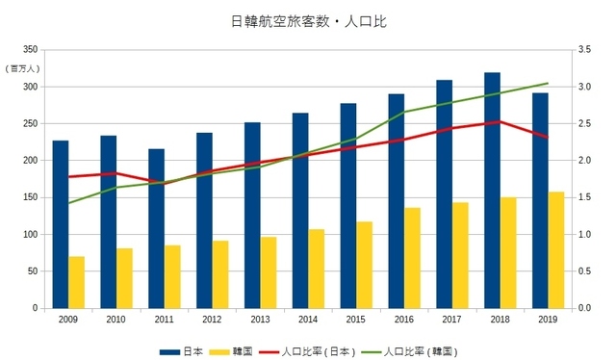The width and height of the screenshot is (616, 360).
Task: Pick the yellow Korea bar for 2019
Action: [x=556, y=250]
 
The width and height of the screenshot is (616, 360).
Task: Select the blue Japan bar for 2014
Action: [x=300, y=211]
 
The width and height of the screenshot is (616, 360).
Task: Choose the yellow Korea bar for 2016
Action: [x=412, y=258]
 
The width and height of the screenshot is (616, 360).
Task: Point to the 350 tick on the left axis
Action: [x=30, y=50]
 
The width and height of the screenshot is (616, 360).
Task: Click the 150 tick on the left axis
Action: [x=30, y=197]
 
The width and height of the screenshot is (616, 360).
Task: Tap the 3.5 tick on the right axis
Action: [x=585, y=50]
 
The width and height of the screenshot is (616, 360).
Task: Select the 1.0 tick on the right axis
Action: [x=585, y=235]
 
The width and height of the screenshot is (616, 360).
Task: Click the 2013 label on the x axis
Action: [x=260, y=319]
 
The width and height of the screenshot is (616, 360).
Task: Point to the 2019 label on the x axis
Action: [x=549, y=319]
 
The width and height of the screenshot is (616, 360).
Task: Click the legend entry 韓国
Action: [x=243, y=350]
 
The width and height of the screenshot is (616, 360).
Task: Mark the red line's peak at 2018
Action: [x=500, y=121]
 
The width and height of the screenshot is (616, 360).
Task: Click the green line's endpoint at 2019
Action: [x=548, y=83]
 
